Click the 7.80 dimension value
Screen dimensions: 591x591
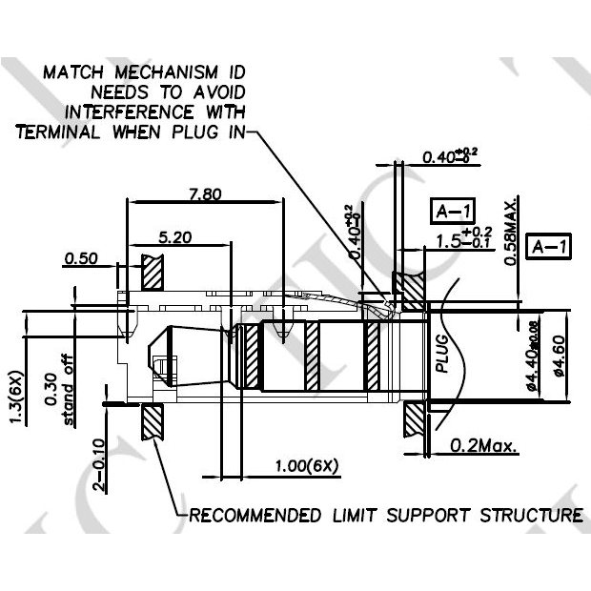click(205, 194)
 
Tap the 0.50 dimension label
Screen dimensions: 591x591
click(81, 258)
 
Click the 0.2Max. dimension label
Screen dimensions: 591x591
click(483, 445)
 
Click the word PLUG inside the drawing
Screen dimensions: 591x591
click(441, 353)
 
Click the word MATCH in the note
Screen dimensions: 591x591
click(73, 72)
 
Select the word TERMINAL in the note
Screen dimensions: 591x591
click(58, 132)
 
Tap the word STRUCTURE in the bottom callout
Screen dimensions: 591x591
click(529, 516)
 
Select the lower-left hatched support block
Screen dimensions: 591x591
click(153, 420)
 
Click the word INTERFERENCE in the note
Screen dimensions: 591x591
click(171, 112)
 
